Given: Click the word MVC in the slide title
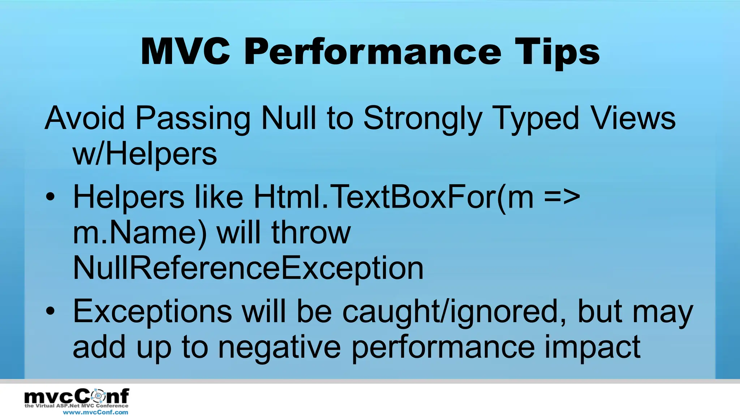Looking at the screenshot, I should point(185,52).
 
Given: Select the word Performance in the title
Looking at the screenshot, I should point(373,53).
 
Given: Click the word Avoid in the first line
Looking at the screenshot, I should point(85,118).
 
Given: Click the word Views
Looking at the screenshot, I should point(633,118).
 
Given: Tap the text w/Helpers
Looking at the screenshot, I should point(145,155).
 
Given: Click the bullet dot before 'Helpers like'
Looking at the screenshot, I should point(51,197).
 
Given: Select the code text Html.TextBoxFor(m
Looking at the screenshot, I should point(393,197).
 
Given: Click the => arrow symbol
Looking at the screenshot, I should point(562,197).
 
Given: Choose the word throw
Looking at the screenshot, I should point(311,233).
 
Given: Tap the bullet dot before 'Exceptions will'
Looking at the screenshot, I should point(51,311).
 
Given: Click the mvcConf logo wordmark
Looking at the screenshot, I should point(77,396).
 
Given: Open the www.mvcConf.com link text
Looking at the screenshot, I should point(95,412).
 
